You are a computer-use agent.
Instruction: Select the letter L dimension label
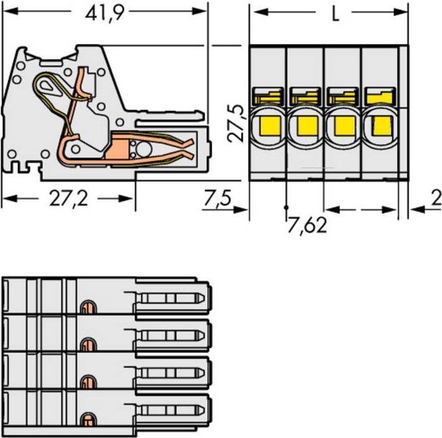(x=334, y=14)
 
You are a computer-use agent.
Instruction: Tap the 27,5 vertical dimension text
(x=240, y=124)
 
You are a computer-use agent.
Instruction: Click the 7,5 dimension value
(x=217, y=199)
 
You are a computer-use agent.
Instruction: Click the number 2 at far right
(x=436, y=199)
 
